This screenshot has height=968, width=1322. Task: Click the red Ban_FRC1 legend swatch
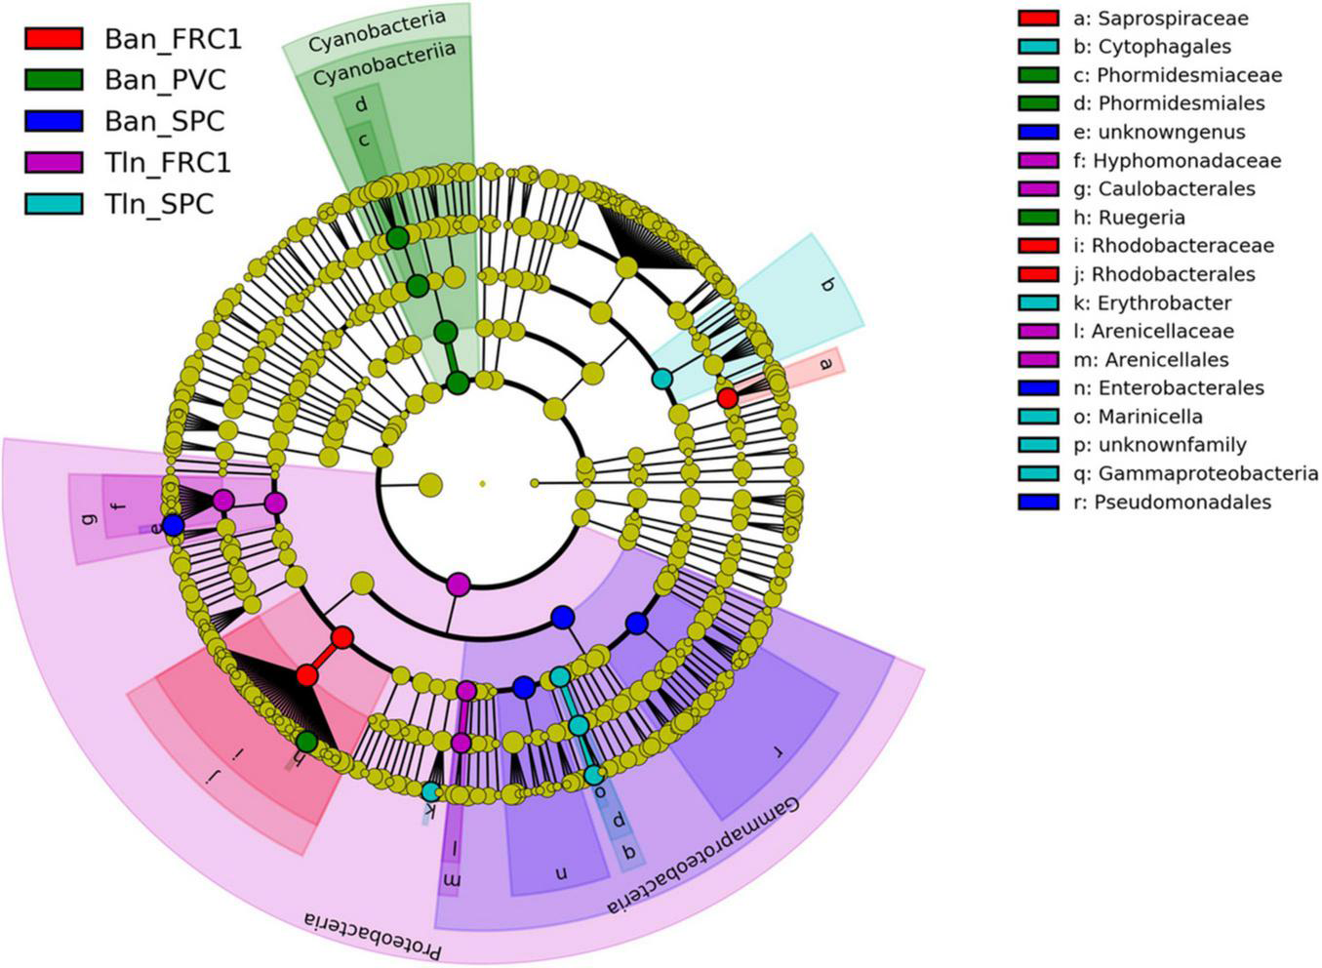click(54, 39)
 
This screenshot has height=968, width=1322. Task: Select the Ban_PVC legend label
click(165, 80)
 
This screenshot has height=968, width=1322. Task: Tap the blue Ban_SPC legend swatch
click(54, 122)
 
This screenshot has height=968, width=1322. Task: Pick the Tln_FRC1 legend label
click(168, 162)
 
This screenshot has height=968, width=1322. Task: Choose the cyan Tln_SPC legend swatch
click(54, 203)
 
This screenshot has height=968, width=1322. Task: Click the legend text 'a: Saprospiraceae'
click(1160, 19)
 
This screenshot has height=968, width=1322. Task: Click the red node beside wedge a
click(727, 398)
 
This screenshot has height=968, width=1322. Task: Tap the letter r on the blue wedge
click(778, 751)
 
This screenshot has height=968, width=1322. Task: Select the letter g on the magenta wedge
click(92, 518)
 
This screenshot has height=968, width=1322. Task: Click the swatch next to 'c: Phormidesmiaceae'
click(1038, 75)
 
